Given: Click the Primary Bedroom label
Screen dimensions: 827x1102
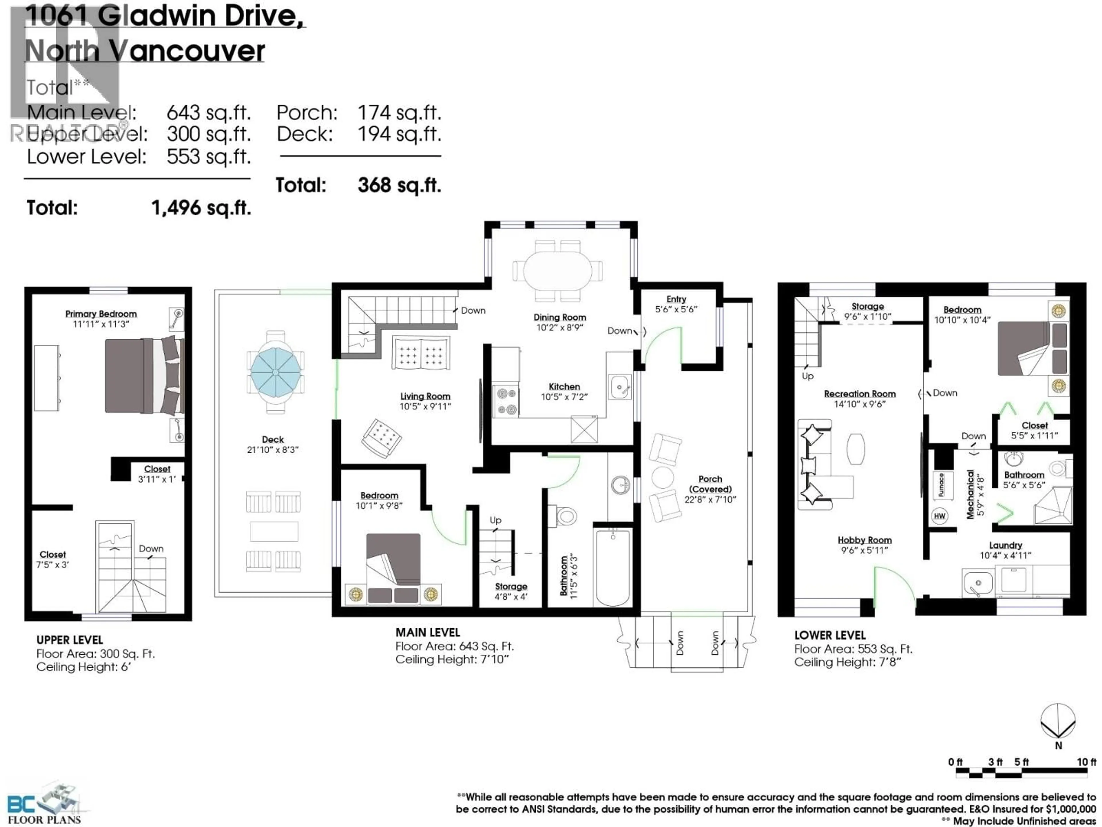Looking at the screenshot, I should [x=101, y=314].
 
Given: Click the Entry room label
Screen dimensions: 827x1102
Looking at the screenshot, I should [x=676, y=299].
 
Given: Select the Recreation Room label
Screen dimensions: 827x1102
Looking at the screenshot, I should [x=860, y=394].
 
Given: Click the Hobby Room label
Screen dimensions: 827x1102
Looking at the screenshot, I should [x=864, y=540].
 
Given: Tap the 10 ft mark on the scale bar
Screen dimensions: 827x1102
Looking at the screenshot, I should [x=1086, y=762].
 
